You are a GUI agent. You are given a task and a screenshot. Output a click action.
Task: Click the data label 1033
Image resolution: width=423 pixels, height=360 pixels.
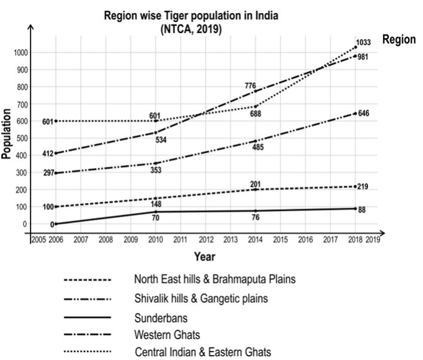[x=364, y=42]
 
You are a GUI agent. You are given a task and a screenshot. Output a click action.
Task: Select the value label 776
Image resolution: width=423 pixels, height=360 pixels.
[x=250, y=87]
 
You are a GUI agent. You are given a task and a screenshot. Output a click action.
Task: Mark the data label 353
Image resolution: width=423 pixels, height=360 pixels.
[x=157, y=170]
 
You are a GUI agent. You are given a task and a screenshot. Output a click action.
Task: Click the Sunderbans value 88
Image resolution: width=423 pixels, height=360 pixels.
[x=362, y=209]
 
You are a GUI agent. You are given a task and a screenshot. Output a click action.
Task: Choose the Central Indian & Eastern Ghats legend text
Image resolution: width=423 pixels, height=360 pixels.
[x=202, y=350]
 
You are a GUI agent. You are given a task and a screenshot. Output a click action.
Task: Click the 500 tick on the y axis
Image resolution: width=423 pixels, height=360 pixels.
[x=21, y=139]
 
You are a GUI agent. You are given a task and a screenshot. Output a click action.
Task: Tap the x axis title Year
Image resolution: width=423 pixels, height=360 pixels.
[x=204, y=257]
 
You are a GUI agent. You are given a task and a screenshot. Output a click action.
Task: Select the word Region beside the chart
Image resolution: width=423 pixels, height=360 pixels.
[x=399, y=40]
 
